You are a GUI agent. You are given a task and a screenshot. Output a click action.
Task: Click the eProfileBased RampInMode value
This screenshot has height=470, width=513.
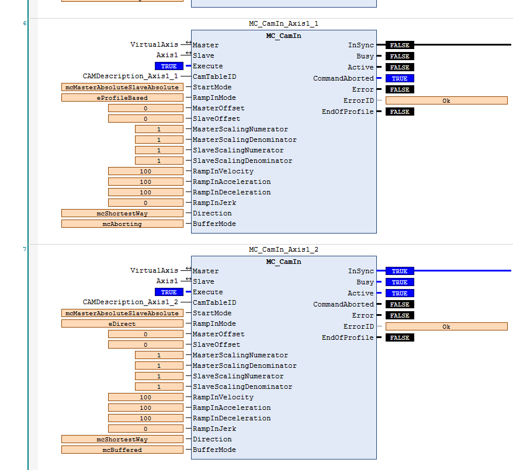click(122, 98)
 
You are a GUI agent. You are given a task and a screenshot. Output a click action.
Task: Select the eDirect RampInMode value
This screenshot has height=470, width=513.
click(122, 324)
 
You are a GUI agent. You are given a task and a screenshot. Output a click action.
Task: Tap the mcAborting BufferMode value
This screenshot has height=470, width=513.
click(122, 224)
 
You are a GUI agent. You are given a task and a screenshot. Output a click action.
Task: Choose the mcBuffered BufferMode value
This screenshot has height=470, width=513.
click(122, 450)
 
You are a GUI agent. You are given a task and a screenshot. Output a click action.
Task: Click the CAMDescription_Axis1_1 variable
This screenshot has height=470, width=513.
click(130, 76)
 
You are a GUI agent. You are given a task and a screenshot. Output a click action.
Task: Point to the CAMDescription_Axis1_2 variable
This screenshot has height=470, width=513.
click(130, 302)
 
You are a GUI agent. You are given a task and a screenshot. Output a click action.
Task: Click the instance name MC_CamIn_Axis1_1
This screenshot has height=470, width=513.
click(283, 24)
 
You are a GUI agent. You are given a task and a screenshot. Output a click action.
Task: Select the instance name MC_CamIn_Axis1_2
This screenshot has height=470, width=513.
click(283, 250)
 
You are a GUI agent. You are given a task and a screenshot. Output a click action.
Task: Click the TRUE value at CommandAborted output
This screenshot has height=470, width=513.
click(400, 79)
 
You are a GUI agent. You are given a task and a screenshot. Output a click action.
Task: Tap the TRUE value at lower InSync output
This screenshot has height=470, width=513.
click(400, 271)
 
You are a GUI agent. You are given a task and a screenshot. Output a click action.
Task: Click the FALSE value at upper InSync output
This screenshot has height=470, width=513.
click(400, 46)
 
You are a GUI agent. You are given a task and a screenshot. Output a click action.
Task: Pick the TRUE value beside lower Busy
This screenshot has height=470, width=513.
click(400, 283)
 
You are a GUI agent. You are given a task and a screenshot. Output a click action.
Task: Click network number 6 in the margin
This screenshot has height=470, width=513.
click(25, 23)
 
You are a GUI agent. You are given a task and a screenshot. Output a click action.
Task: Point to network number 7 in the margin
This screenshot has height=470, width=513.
click(25, 249)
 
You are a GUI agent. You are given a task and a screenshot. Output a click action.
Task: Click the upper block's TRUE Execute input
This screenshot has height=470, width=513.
click(169, 67)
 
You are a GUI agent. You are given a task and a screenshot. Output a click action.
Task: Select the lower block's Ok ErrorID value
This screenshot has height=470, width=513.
click(446, 327)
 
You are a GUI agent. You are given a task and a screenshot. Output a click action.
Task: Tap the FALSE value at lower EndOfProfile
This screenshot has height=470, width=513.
click(400, 338)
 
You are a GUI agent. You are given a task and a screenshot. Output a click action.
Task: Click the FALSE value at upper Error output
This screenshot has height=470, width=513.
click(400, 90)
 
